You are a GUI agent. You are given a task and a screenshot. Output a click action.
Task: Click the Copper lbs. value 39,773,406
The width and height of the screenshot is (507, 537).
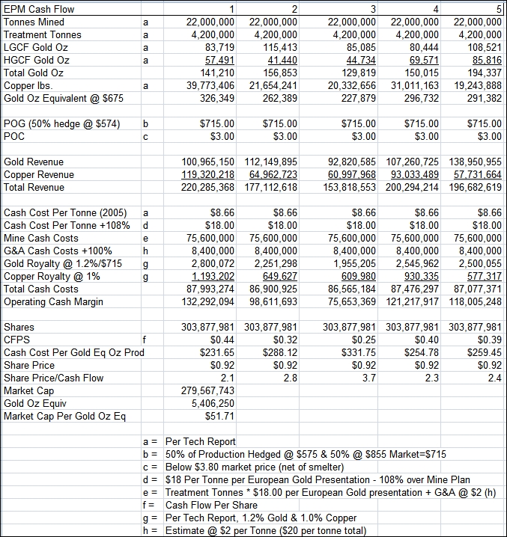[x=209, y=86]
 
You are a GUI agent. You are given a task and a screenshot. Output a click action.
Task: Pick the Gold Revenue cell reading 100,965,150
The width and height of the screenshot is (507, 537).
[x=208, y=162]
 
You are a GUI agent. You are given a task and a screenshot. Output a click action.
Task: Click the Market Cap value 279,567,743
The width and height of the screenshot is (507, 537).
[x=208, y=391]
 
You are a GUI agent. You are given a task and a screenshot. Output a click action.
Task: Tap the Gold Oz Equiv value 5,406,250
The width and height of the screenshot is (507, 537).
[x=213, y=404]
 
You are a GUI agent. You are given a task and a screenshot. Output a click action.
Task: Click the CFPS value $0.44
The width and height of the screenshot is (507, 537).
[x=222, y=340]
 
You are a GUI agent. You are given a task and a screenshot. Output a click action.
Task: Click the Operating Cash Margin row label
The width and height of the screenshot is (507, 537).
[x=55, y=302]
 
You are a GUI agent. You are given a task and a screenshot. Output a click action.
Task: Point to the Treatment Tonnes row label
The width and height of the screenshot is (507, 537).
[x=43, y=35]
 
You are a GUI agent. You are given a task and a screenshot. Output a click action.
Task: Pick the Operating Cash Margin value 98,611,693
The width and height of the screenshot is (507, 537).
[x=270, y=302]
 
